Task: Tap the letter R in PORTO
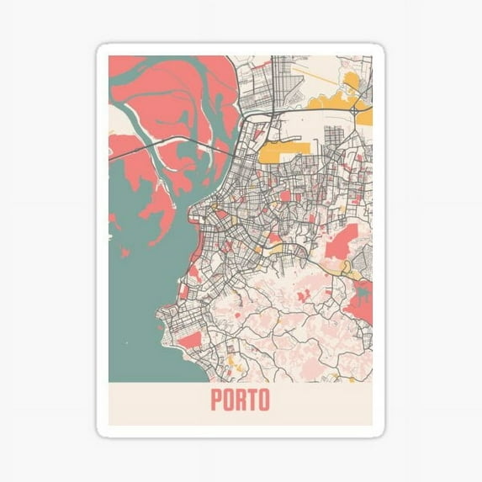click(x=241, y=400)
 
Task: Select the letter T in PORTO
click(x=253, y=400)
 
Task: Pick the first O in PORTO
click(x=229, y=400)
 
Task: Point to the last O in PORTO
click(x=264, y=400)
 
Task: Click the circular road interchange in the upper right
click(x=355, y=109)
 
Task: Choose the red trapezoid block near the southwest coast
click(x=190, y=339)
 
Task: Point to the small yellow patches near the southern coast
click(x=236, y=367)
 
